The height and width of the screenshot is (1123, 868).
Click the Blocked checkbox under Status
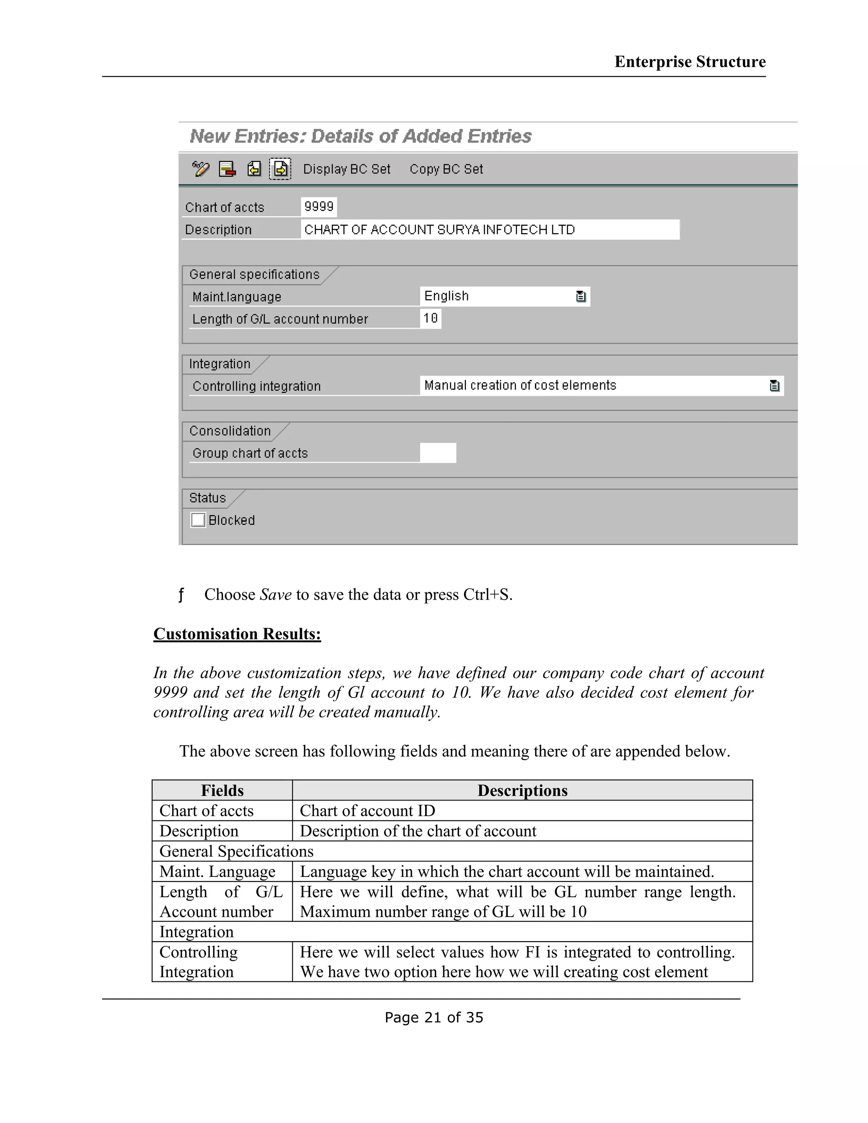(198, 520)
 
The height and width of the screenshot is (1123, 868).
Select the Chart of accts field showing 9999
(319, 207)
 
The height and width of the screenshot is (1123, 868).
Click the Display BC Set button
(347, 169)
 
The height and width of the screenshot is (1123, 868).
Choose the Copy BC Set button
(446, 169)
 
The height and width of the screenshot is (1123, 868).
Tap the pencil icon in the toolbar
(200, 169)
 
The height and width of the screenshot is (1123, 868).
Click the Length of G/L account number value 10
(431, 318)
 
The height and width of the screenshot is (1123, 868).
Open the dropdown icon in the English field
(581, 296)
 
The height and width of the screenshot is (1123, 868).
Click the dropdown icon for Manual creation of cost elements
(774, 386)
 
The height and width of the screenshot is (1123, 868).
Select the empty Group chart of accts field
(437, 453)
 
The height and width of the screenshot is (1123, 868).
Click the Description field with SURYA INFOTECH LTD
(490, 229)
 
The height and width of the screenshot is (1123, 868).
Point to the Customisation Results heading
(237, 634)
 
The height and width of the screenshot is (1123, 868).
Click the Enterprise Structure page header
(690, 62)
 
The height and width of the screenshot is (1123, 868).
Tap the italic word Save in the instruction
(275, 595)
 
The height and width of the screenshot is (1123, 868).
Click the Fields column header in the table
(222, 790)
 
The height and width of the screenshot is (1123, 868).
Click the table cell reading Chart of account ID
(367, 811)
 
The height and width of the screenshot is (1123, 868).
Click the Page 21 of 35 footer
(434, 1017)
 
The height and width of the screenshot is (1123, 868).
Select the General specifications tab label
(254, 275)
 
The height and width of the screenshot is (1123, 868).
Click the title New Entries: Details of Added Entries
(361, 136)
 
